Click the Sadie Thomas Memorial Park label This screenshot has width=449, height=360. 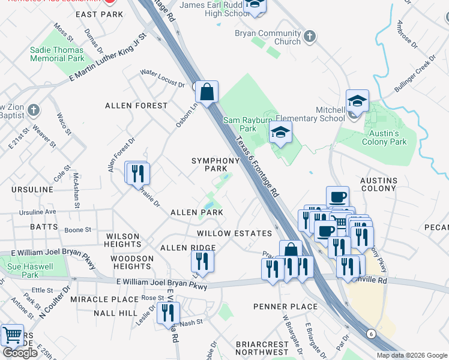click(57, 54)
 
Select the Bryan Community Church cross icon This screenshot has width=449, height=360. click(309, 37)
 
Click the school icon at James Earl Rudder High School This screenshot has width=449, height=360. click(255, 6)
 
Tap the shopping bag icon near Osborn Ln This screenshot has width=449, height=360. click(206, 93)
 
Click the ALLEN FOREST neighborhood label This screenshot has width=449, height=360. click(136, 106)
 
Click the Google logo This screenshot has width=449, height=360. click(20, 352)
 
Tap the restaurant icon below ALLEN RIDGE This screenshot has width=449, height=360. click(202, 261)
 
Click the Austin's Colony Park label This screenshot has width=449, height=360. click(384, 137)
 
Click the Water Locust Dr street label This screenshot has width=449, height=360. click(162, 78)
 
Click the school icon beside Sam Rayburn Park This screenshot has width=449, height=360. click(280, 133)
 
